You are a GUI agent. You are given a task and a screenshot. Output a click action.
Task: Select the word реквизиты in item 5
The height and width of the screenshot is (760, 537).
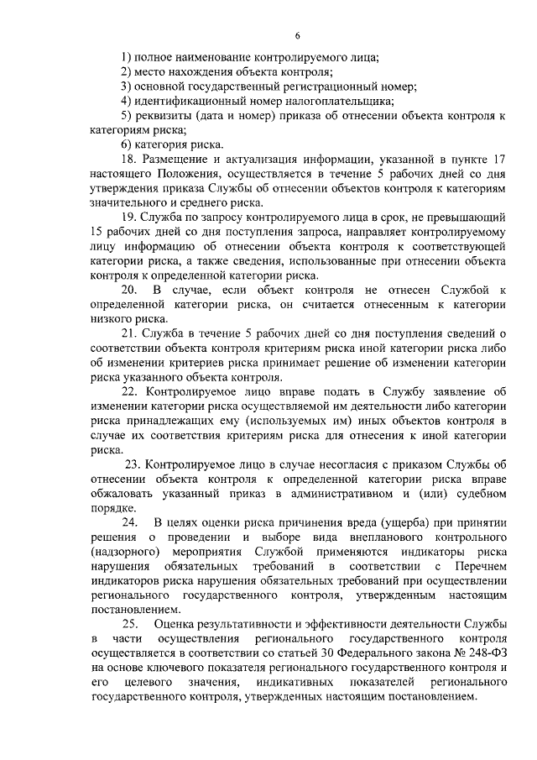(164, 115)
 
